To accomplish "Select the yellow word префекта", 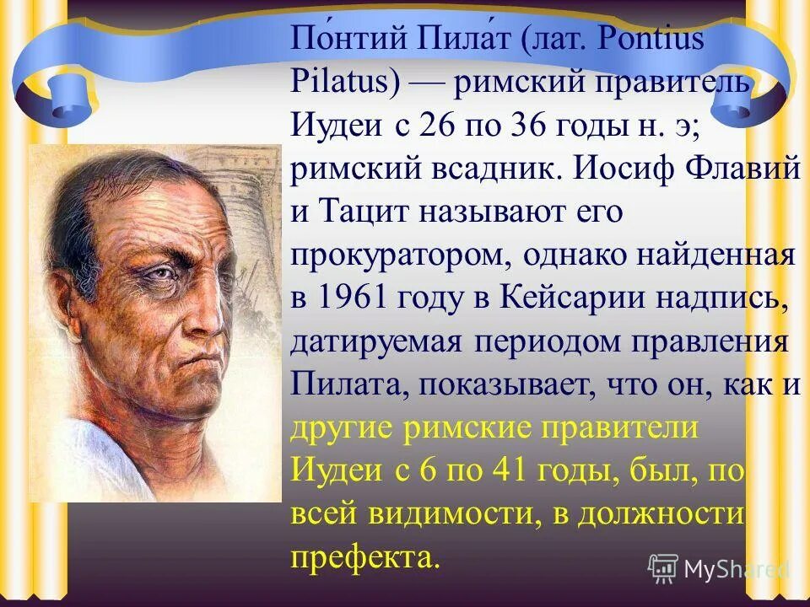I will pyautogui.click(x=364, y=556).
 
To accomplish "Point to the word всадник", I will pyautogui.click(x=466, y=169).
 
